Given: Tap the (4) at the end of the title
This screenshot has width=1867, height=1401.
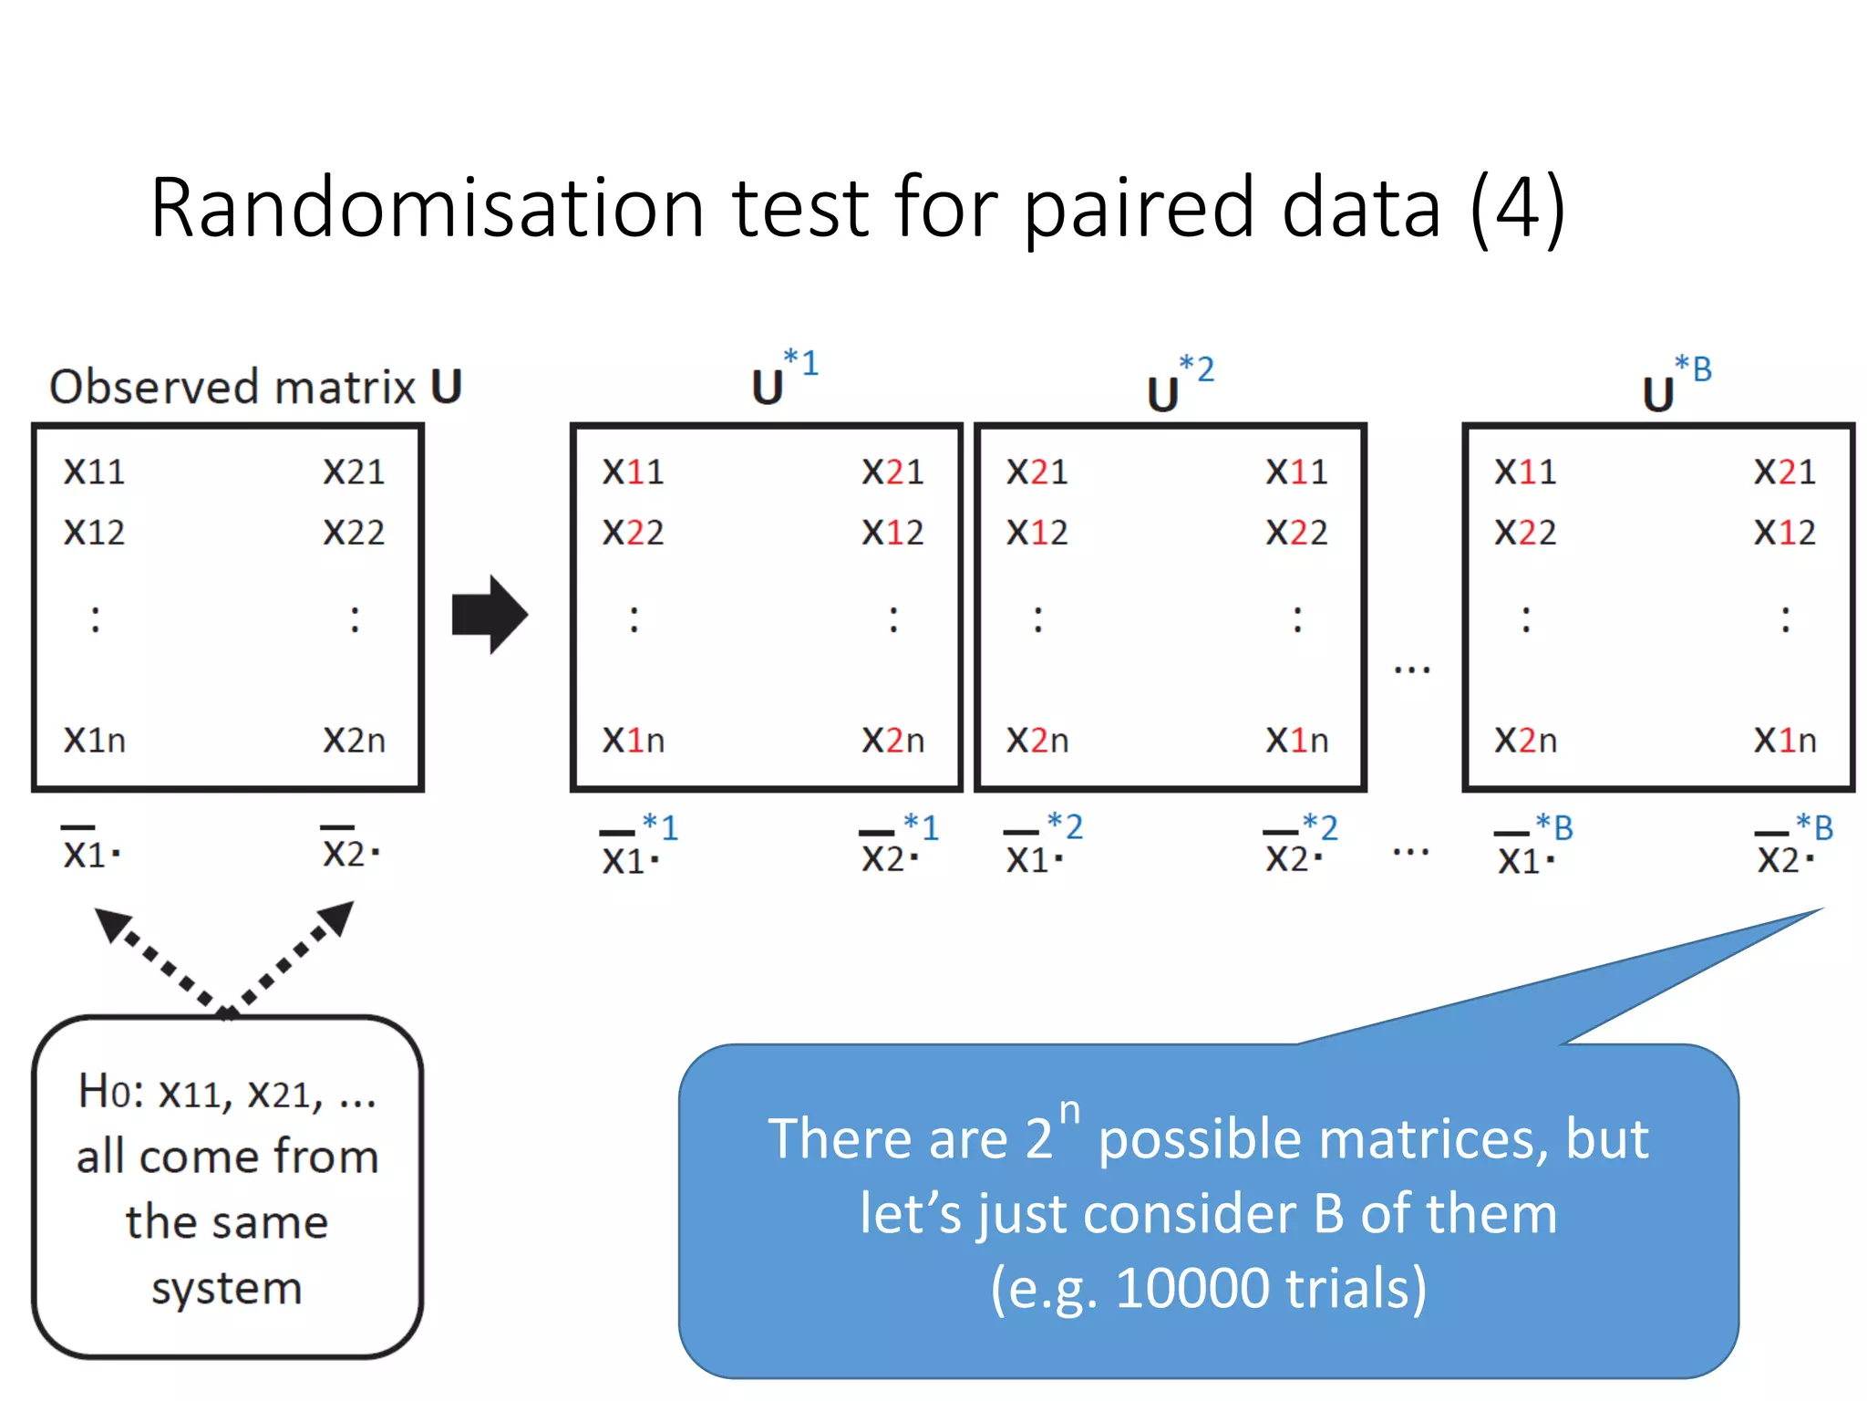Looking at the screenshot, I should click(1517, 210).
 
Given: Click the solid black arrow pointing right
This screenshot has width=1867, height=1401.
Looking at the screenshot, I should click(490, 614).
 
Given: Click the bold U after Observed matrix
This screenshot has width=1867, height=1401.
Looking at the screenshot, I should click(446, 387).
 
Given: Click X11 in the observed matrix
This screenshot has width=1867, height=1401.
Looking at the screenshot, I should click(94, 472).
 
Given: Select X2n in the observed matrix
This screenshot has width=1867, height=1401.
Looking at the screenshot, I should click(354, 740).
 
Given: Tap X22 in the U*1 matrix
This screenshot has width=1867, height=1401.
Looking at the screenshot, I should click(633, 533).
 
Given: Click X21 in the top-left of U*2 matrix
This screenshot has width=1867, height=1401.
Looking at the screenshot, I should click(1037, 472).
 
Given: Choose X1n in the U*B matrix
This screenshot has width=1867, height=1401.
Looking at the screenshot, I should click(1784, 740).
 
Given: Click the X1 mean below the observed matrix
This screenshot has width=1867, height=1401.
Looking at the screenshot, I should click(89, 848).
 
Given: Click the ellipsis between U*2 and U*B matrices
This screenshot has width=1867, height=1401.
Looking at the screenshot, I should click(1411, 670).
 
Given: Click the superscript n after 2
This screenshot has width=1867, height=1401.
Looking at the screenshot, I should click(1070, 1111).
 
